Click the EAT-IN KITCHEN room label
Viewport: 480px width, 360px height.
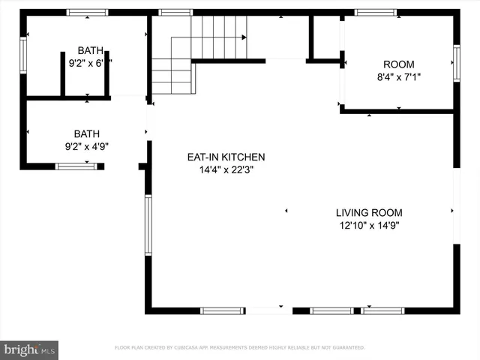226,157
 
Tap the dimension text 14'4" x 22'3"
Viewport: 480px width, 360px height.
226,170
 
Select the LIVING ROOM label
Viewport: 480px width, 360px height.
369,212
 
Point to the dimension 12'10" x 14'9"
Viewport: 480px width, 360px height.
369,225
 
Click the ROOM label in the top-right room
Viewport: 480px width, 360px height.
398,64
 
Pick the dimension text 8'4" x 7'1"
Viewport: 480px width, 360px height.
398,77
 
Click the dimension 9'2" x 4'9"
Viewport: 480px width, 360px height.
86,147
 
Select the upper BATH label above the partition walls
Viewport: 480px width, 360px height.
90,50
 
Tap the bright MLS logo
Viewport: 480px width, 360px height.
30,349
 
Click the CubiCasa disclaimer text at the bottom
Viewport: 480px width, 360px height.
239,348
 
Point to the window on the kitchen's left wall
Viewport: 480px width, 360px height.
148,225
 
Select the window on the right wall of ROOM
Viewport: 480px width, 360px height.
456,62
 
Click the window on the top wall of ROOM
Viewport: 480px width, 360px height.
376,13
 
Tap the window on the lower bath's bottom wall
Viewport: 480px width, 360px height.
76,166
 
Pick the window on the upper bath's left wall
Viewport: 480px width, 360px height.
23,56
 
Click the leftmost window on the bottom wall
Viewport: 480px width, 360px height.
222,310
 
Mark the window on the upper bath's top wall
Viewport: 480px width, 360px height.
88,13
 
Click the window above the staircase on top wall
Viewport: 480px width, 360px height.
175,13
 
